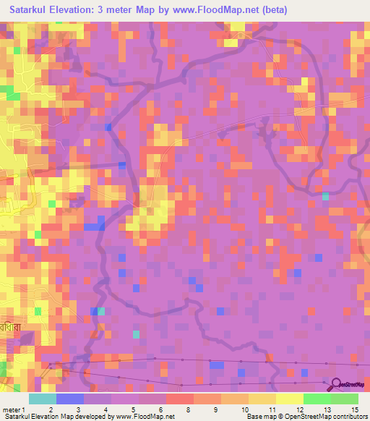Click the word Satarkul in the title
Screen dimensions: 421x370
[x=32, y=10]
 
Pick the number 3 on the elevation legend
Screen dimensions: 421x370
[x=77, y=409]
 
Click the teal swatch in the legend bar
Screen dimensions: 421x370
[x=43, y=399]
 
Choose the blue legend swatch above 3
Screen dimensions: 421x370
[x=70, y=399]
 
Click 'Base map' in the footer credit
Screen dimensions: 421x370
[x=259, y=417]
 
